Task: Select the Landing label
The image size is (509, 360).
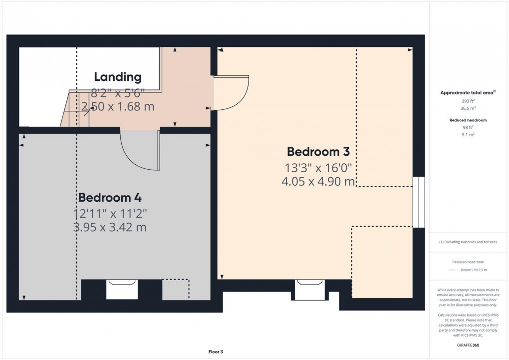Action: [x=118, y=77]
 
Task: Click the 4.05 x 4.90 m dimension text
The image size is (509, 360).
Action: [x=318, y=181]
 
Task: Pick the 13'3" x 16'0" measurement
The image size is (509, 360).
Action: [x=318, y=167]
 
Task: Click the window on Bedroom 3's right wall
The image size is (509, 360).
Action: [x=418, y=202]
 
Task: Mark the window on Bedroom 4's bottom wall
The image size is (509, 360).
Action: [x=122, y=289]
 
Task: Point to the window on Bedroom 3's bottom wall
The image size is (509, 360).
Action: [x=310, y=289]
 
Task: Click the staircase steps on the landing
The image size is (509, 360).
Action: [x=75, y=109]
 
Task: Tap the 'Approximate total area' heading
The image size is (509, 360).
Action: [x=467, y=92]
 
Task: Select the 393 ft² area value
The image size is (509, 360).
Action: [x=468, y=100]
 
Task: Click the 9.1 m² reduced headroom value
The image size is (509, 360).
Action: [x=468, y=134]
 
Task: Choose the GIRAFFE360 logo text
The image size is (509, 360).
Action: [x=468, y=345]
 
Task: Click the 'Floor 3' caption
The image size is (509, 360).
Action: [x=216, y=352]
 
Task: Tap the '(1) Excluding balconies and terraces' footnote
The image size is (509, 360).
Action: [x=468, y=242]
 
